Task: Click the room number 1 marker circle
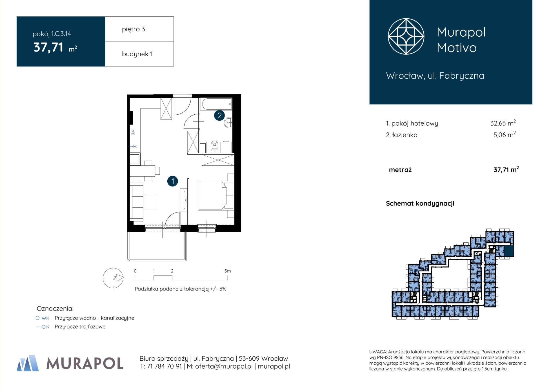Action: [173, 181]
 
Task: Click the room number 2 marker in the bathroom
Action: [219, 115]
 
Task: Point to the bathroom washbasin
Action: [228, 123]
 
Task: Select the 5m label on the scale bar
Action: [227, 271]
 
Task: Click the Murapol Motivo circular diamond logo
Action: [406, 36]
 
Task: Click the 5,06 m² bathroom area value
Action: [504, 134]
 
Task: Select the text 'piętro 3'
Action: [134, 29]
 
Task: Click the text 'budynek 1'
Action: [137, 54]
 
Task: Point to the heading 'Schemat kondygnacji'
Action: [420, 203]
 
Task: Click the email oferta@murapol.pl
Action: [224, 366]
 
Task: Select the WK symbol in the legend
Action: [43, 318]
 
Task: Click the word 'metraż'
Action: [400, 170]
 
